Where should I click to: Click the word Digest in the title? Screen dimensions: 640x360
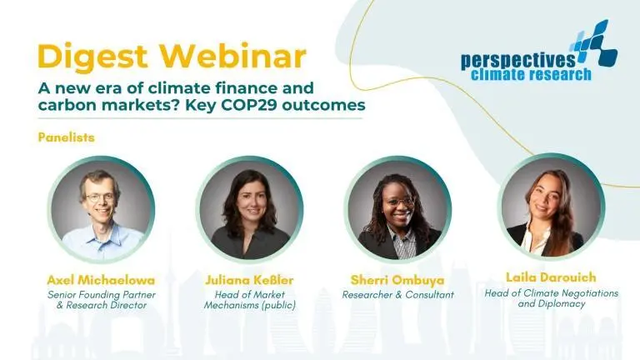click(92, 57)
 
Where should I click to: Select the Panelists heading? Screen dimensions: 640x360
click(66, 137)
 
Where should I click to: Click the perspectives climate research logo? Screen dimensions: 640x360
click(539, 51)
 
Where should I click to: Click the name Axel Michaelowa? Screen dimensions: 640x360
click(101, 280)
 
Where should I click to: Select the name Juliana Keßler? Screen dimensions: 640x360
click(249, 280)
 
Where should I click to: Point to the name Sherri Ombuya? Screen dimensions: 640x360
click(397, 280)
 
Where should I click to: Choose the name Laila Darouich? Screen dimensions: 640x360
click(551, 277)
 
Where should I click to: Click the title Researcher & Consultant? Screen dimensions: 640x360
click(398, 295)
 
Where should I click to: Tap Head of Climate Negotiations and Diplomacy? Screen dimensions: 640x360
click(552, 298)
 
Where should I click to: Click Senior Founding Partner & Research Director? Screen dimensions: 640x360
click(102, 300)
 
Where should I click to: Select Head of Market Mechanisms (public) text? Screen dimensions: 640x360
click(250, 300)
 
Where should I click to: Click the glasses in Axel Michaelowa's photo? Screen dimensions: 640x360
click(101, 198)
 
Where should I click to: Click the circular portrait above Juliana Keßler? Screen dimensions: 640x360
click(249, 209)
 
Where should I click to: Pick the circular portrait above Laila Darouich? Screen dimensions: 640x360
click(551, 207)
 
